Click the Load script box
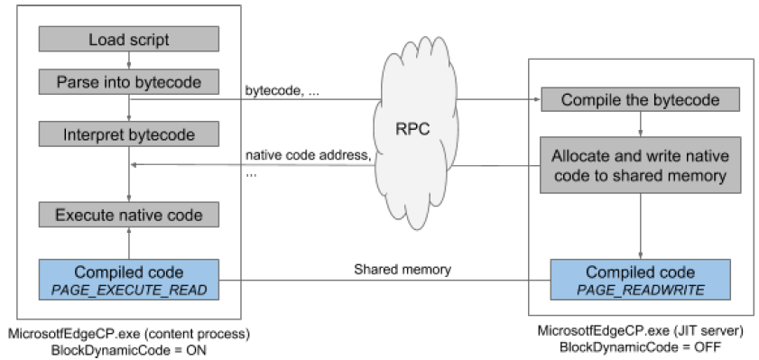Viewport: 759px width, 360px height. pyautogui.click(x=128, y=39)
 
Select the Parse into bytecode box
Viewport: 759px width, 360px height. pyautogui.click(x=128, y=82)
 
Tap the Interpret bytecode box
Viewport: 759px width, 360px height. pyautogui.click(x=128, y=135)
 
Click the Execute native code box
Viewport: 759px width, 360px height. pyautogui.click(x=128, y=215)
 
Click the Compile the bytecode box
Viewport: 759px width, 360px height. pyautogui.click(x=640, y=99)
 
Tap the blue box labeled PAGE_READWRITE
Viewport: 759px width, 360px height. pyautogui.click(x=640, y=280)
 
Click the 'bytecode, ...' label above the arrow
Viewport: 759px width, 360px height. pyautogui.click(x=281, y=91)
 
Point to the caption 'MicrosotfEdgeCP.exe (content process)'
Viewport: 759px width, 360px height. pyautogui.click(x=128, y=334)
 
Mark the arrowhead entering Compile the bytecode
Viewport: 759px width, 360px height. pyautogui.click(x=535, y=99)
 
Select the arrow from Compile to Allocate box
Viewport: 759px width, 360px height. pyautogui.click(x=640, y=124)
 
